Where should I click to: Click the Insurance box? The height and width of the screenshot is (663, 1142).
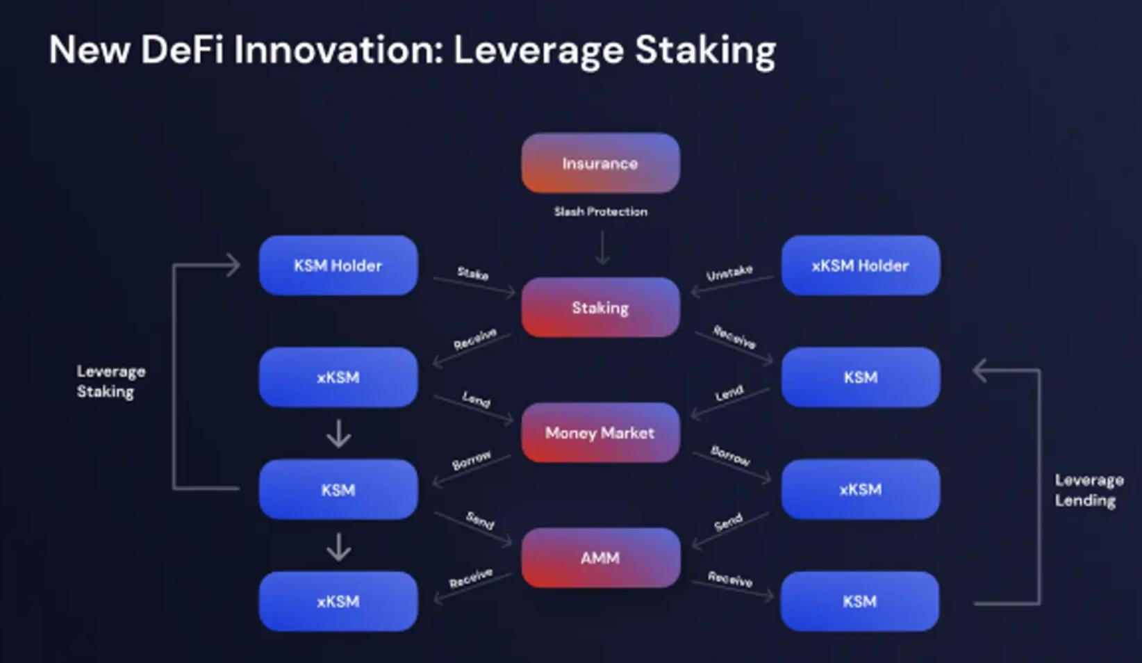point(600,163)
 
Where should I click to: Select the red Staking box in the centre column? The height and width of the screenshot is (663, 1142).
point(600,307)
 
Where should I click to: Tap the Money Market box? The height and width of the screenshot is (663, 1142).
point(600,433)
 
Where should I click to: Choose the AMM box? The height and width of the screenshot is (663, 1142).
point(600,558)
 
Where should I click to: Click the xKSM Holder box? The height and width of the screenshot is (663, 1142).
point(860,265)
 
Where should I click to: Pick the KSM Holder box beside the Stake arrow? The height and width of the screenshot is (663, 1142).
point(338,265)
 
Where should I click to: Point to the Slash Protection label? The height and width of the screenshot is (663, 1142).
point(600,211)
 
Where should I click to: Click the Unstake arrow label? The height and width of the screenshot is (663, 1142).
point(729,272)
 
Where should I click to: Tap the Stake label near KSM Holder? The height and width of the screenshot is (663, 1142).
point(473,273)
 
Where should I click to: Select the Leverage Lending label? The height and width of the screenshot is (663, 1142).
point(1088,490)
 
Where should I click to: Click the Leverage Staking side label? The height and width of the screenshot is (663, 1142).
point(110,381)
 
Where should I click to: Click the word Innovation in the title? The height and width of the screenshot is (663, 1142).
point(338,50)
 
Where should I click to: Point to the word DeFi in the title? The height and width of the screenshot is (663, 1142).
point(182,50)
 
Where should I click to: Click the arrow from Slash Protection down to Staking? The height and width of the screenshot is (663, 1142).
point(602,248)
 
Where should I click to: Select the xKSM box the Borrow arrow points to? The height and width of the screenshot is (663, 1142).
point(860,489)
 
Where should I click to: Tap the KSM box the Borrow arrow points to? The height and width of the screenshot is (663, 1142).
point(338,490)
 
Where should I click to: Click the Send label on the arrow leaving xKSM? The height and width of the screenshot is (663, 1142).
point(728,521)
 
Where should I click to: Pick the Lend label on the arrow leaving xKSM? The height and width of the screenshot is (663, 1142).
point(477,399)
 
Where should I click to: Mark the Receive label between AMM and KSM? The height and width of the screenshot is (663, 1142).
point(730,578)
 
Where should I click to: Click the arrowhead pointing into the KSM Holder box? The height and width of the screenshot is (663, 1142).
point(235,265)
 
